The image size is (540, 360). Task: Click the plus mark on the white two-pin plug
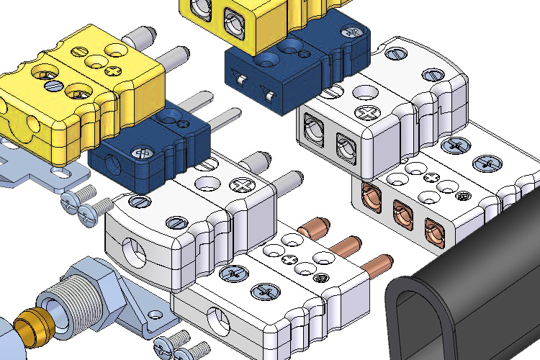point(240,184)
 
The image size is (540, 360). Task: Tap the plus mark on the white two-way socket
point(369,112)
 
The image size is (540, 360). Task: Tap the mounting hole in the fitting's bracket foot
point(154,314)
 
